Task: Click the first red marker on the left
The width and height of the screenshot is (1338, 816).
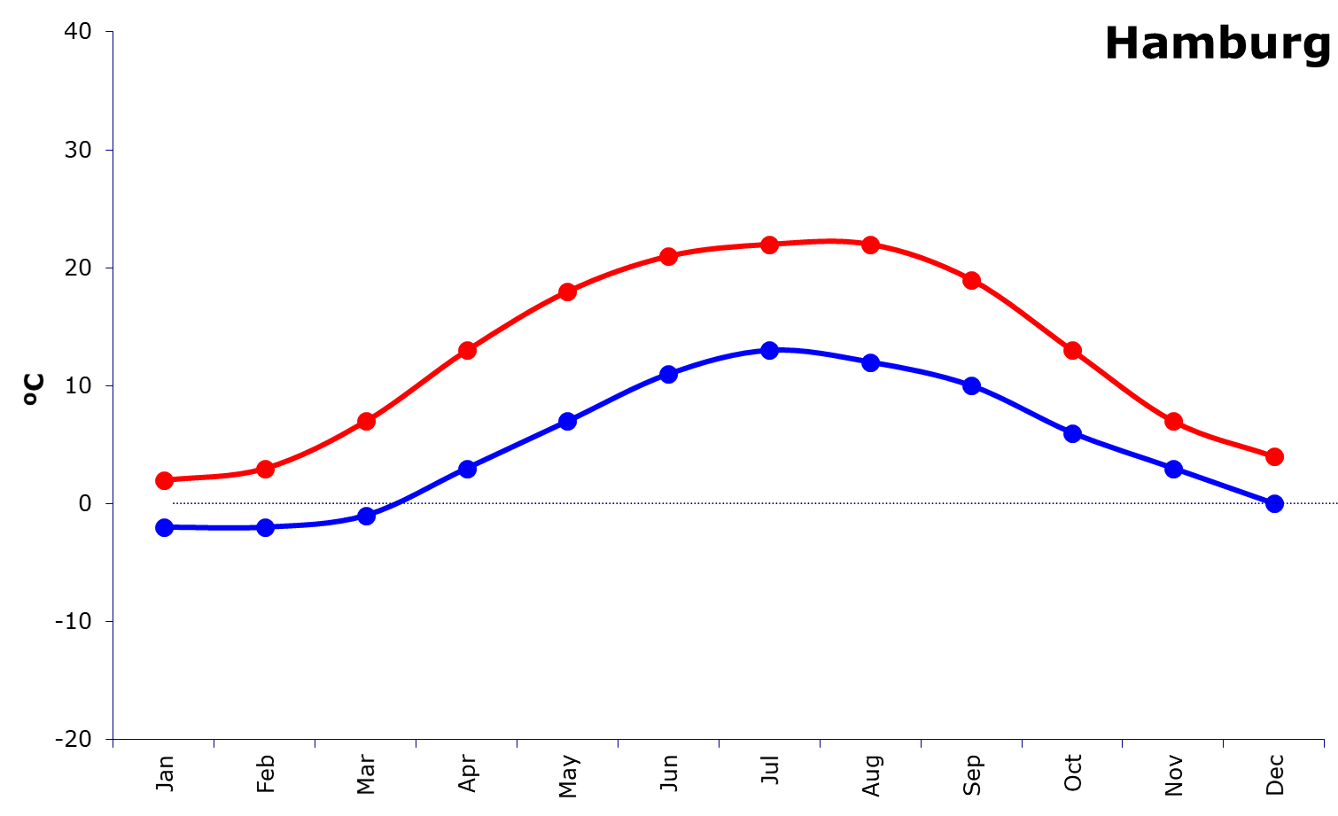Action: (164, 480)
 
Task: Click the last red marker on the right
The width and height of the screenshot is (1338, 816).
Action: (1274, 456)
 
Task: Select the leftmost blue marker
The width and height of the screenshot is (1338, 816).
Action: (164, 527)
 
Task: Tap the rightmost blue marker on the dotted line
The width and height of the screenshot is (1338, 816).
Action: (1274, 503)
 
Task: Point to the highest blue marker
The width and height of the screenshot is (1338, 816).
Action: (770, 350)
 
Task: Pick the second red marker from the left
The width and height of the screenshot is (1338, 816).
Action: (265, 469)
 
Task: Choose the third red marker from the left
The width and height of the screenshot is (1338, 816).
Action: (366, 421)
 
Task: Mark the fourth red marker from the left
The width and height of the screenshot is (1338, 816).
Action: (467, 350)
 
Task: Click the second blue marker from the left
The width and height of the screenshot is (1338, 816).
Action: (265, 527)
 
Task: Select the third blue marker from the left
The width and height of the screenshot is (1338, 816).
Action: (366, 516)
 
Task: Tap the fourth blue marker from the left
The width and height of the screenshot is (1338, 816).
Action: (467, 469)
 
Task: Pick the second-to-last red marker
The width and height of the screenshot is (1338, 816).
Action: (1173, 421)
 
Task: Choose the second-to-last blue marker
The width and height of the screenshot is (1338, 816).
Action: (1173, 469)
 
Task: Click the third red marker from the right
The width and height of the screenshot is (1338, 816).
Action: (1072, 350)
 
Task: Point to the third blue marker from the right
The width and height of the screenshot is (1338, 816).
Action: (1072, 433)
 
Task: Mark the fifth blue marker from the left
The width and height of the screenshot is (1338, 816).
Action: (568, 421)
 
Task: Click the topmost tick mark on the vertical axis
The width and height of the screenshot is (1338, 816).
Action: (110, 32)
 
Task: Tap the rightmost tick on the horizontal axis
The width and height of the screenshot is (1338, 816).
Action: (1324, 743)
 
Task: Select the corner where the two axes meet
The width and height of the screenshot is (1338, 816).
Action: (113, 739)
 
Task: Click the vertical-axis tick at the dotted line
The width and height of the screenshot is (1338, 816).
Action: (110, 503)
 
